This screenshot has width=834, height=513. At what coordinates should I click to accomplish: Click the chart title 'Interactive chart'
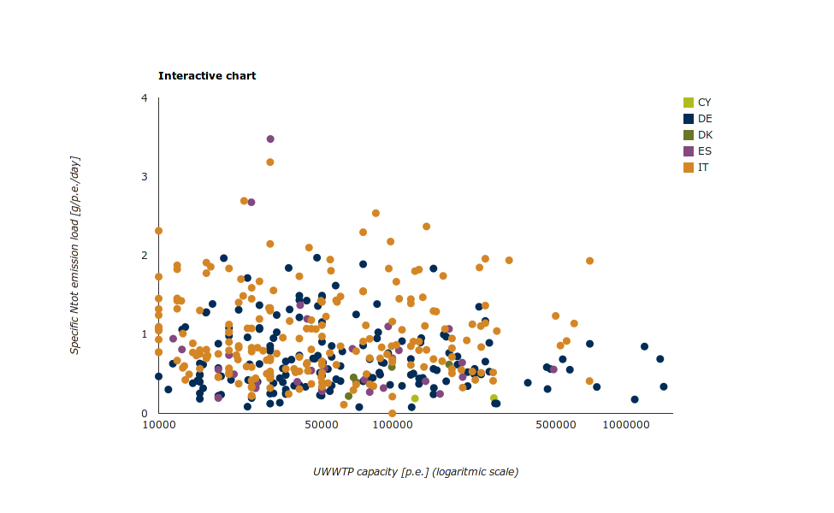pos(207,76)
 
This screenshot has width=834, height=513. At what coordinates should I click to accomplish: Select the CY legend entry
pos(704,103)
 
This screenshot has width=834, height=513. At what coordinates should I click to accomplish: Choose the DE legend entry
pos(704,119)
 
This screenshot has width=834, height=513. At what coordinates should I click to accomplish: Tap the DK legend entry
pos(704,135)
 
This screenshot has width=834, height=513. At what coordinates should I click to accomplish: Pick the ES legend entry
pos(704,151)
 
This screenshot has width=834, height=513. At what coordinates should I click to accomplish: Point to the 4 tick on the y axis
pos(145,98)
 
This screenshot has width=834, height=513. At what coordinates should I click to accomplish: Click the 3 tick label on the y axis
pos(145,177)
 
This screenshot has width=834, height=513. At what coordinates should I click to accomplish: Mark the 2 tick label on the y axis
pos(145,256)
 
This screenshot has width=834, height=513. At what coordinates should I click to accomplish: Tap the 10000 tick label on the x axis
pos(158,425)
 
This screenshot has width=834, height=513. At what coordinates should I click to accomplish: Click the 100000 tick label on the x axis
pos(392,425)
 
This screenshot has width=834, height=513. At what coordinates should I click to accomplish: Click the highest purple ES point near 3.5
pos(270,139)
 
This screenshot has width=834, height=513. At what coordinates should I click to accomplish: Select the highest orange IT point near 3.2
pos(270,162)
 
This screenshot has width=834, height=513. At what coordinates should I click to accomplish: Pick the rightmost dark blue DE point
pos(664,386)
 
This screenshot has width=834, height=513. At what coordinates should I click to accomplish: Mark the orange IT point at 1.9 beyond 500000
pos(589,261)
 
